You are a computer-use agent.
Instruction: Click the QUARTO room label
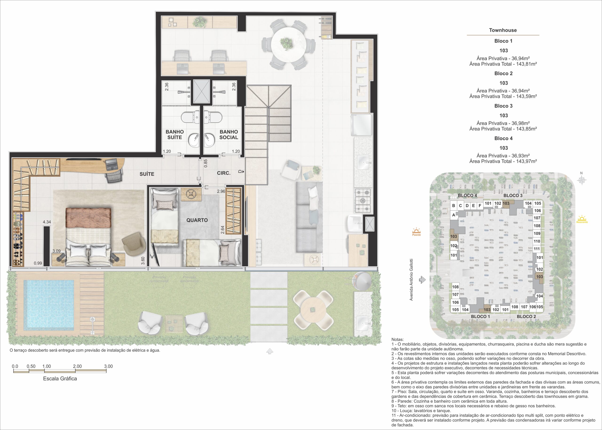click(197, 220)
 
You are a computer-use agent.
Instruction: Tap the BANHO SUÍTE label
click(174, 134)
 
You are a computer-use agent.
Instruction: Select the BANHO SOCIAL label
click(229, 134)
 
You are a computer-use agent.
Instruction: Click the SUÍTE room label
click(147, 174)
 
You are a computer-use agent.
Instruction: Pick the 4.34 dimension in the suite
click(47, 222)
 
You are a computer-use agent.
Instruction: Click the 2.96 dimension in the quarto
click(221, 191)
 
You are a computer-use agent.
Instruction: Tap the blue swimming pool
click(49, 305)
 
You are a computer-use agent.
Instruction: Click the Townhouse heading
click(503, 30)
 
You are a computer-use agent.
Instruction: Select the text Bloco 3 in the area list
click(503, 106)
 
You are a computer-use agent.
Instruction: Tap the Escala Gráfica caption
click(60, 379)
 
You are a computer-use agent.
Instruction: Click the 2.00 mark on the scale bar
click(77, 367)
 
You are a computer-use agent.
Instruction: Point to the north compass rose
click(582, 180)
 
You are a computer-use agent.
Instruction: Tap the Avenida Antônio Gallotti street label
click(411, 279)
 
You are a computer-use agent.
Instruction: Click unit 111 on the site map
click(537, 249)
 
